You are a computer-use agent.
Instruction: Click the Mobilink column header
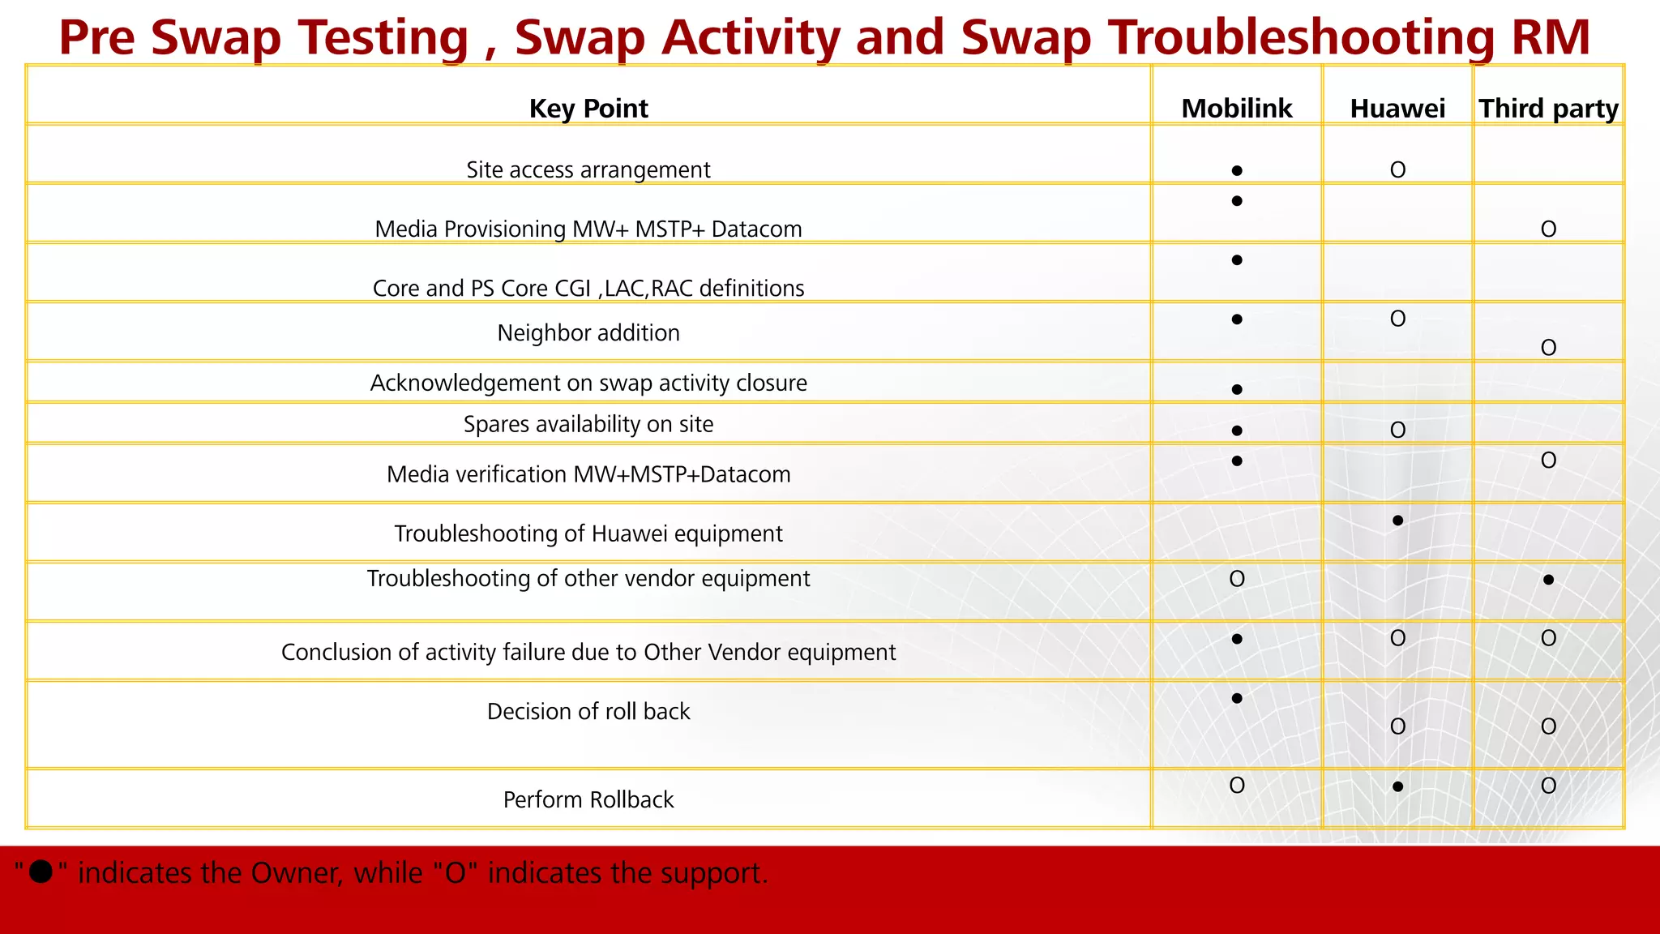(1236, 109)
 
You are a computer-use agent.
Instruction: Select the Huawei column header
(1397, 109)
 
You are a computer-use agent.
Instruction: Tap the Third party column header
(1548, 109)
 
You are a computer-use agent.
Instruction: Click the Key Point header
(588, 109)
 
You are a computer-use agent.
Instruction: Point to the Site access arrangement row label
(588, 170)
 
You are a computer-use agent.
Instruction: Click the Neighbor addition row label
(588, 333)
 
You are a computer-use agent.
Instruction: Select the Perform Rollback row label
(588, 800)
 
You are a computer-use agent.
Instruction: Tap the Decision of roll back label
(588, 712)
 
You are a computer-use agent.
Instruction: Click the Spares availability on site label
(588, 425)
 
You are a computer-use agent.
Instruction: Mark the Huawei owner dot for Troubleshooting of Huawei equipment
(1397, 521)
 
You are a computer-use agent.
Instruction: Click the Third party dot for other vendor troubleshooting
(1548, 580)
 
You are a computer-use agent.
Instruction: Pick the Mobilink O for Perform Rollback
(1237, 786)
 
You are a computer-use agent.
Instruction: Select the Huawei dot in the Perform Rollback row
(1397, 786)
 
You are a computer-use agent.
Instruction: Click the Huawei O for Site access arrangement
(1397, 170)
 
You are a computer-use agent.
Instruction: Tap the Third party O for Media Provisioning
(1548, 229)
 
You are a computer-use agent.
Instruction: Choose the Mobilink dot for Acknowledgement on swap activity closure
(1237, 390)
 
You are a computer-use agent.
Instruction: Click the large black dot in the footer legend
(41, 872)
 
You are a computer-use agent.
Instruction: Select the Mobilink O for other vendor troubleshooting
(1237, 579)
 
